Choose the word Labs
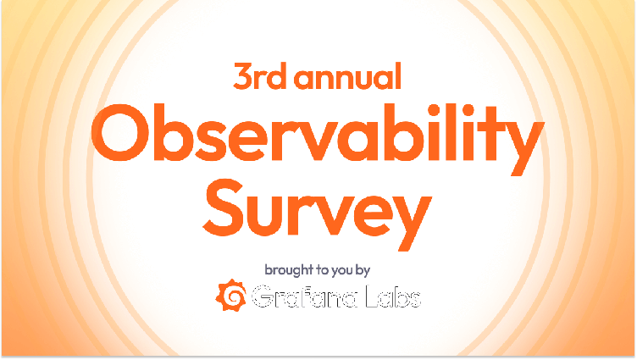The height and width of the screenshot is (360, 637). pyautogui.click(x=395, y=298)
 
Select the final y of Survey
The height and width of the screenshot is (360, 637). pyautogui.click(x=405, y=216)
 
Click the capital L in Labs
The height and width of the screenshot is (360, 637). pyautogui.click(x=374, y=298)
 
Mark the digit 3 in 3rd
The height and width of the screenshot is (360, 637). pyautogui.click(x=243, y=78)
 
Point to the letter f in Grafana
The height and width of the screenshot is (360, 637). pyautogui.click(x=304, y=297)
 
